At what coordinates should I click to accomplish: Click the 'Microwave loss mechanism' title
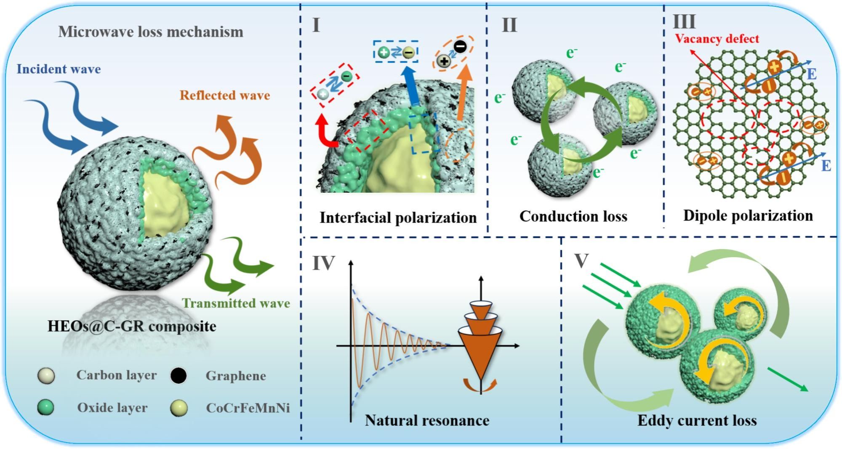click(x=151, y=32)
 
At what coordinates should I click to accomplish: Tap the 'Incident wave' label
click(x=59, y=69)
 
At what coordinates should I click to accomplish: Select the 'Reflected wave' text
click(x=225, y=96)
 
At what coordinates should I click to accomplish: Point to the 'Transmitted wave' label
click(x=236, y=303)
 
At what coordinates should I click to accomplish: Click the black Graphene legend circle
click(x=179, y=376)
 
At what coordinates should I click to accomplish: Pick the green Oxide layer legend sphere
click(x=45, y=407)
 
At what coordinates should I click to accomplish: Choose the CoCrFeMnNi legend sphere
click(x=179, y=408)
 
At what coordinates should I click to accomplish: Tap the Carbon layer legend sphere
click(x=45, y=376)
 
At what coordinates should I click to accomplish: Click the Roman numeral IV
click(x=323, y=263)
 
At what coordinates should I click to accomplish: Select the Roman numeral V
click(x=581, y=261)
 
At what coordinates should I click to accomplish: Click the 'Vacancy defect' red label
click(x=717, y=39)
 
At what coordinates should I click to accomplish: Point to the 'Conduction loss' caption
click(x=573, y=216)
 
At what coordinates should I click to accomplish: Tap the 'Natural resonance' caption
click(x=427, y=420)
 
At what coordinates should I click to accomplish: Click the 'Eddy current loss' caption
click(x=697, y=420)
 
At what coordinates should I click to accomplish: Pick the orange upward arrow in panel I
click(x=464, y=93)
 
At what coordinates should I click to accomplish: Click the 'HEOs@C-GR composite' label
click(x=132, y=326)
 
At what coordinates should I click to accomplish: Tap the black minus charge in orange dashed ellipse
click(x=460, y=47)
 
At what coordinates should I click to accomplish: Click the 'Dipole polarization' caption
click(x=748, y=215)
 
